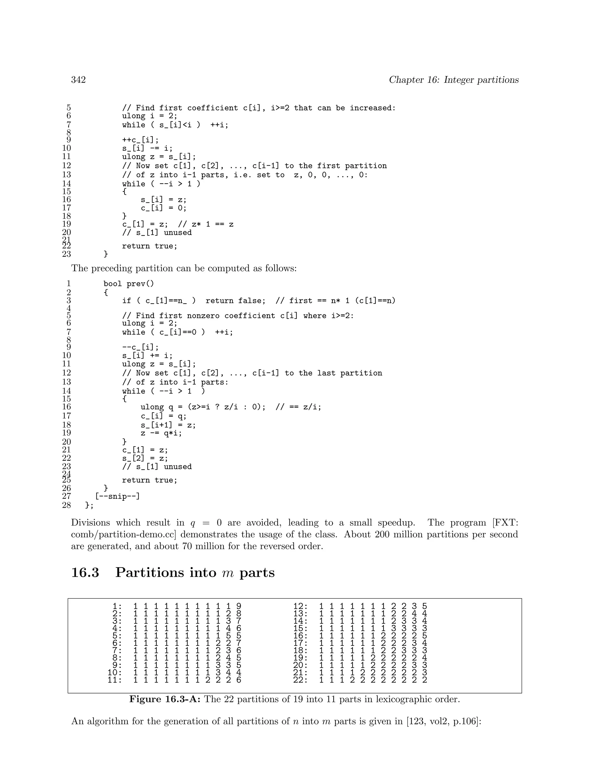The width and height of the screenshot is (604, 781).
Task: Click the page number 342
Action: pos(78,80)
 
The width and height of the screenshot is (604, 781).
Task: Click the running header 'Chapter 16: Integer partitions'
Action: pos(454,80)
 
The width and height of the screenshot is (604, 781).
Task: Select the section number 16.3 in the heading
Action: pos(85,573)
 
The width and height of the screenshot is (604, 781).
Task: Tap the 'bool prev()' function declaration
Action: pos(129,284)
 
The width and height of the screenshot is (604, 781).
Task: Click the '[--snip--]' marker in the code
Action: pos(117,496)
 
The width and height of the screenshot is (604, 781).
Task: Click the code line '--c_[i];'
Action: pos(140,347)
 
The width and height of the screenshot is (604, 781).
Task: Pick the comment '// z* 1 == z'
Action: pos(206,225)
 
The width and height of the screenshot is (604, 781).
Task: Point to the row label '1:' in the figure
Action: pos(117,607)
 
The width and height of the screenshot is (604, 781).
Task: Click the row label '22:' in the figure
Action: pos(300,680)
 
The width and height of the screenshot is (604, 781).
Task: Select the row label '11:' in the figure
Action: pos(115,680)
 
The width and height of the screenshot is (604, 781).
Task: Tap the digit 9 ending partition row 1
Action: pos(239,607)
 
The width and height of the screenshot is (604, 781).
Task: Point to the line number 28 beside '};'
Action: pos(67,505)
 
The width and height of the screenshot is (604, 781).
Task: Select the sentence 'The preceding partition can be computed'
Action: pos(184,268)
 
